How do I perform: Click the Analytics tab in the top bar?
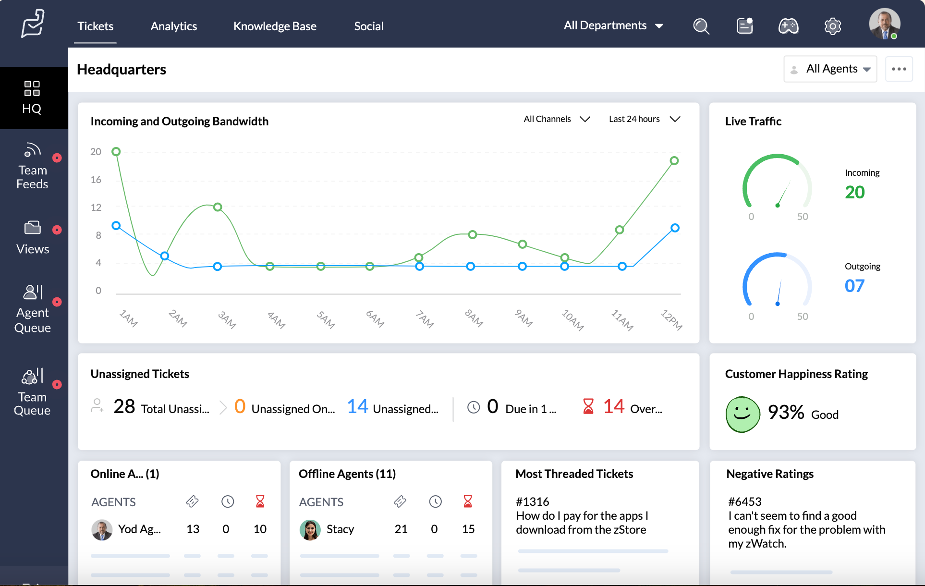tap(173, 26)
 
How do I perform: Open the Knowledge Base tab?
tap(275, 26)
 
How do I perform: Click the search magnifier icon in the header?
tap(701, 26)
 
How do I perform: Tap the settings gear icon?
tap(832, 26)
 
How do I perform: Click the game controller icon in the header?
tap(788, 26)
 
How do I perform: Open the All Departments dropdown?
tap(613, 25)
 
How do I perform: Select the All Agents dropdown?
tap(830, 69)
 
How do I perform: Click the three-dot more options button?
tap(899, 69)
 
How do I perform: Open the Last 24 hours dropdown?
tap(644, 119)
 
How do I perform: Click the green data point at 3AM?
tap(218, 207)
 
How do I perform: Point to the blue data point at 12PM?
tap(675, 228)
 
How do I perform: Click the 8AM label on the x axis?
tap(474, 318)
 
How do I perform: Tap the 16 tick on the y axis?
tap(96, 180)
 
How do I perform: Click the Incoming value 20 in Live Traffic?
tap(854, 192)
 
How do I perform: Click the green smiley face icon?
tap(742, 414)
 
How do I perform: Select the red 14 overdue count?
tap(613, 407)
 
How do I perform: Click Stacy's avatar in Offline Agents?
tap(310, 529)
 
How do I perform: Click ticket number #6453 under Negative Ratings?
tap(744, 501)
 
